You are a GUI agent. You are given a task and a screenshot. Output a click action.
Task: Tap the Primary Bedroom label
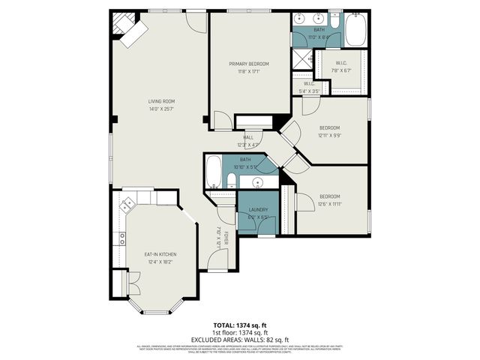pyautogui.click(x=249, y=64)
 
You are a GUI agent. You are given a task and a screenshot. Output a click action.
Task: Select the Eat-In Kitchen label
pyautogui.click(x=160, y=255)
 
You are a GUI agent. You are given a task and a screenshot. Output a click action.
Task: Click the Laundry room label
pyautogui.click(x=258, y=209)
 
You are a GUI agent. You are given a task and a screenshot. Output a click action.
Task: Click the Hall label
pyautogui.click(x=247, y=137)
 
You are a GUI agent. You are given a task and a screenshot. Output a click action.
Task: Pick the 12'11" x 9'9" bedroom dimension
pyautogui.click(x=330, y=135)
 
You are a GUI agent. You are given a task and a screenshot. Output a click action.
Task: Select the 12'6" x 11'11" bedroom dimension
pyautogui.click(x=330, y=203)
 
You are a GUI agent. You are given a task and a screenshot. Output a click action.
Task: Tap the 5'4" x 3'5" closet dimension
pyautogui.click(x=309, y=91)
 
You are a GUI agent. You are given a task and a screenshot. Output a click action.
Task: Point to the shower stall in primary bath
pyautogui.click(x=302, y=58)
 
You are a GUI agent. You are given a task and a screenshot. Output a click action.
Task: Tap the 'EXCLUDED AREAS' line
pyautogui.click(x=239, y=340)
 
